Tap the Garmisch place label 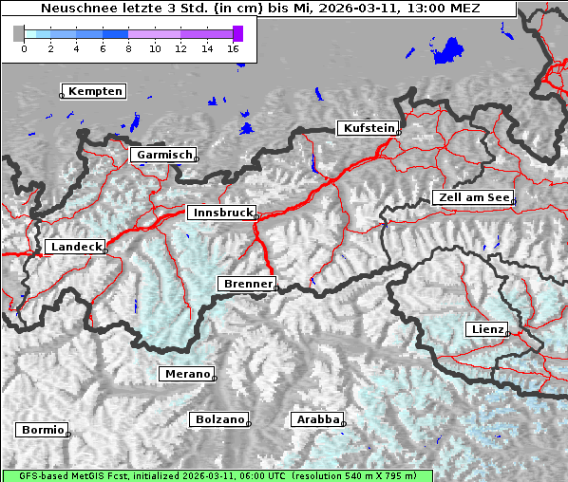click(x=165, y=154)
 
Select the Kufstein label click(x=368, y=128)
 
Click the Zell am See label click(x=472, y=197)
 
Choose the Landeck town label click(x=76, y=247)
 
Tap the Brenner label click(x=247, y=284)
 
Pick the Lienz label click(x=485, y=329)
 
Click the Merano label click(x=186, y=374)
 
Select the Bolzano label click(x=219, y=419)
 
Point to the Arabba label click(x=316, y=419)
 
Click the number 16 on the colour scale click(x=234, y=48)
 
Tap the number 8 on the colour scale click(x=128, y=48)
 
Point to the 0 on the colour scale click(x=24, y=48)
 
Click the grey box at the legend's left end click(x=18, y=33)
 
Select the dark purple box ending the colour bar click(x=237, y=33)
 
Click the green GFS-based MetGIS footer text click(x=217, y=475)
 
